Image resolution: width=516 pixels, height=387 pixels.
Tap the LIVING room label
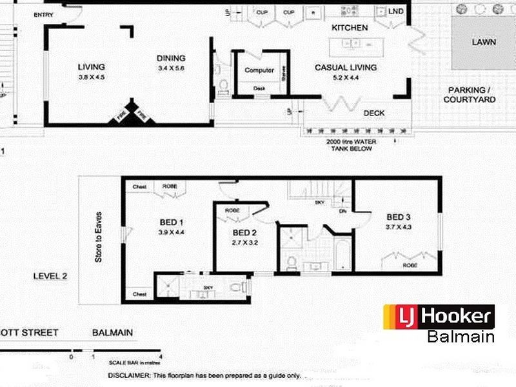click(x=91, y=66)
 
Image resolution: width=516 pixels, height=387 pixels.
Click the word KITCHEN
click(x=350, y=28)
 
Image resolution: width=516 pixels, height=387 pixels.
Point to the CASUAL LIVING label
click(x=345, y=67)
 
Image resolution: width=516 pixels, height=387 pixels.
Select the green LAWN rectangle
click(x=483, y=42)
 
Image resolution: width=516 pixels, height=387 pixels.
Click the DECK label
click(x=374, y=113)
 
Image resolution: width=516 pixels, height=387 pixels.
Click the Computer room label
click(x=259, y=70)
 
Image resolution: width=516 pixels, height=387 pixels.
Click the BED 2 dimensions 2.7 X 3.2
click(x=245, y=243)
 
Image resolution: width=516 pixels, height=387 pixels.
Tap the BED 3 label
click(x=399, y=217)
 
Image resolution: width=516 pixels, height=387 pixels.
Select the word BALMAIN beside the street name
click(x=112, y=333)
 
